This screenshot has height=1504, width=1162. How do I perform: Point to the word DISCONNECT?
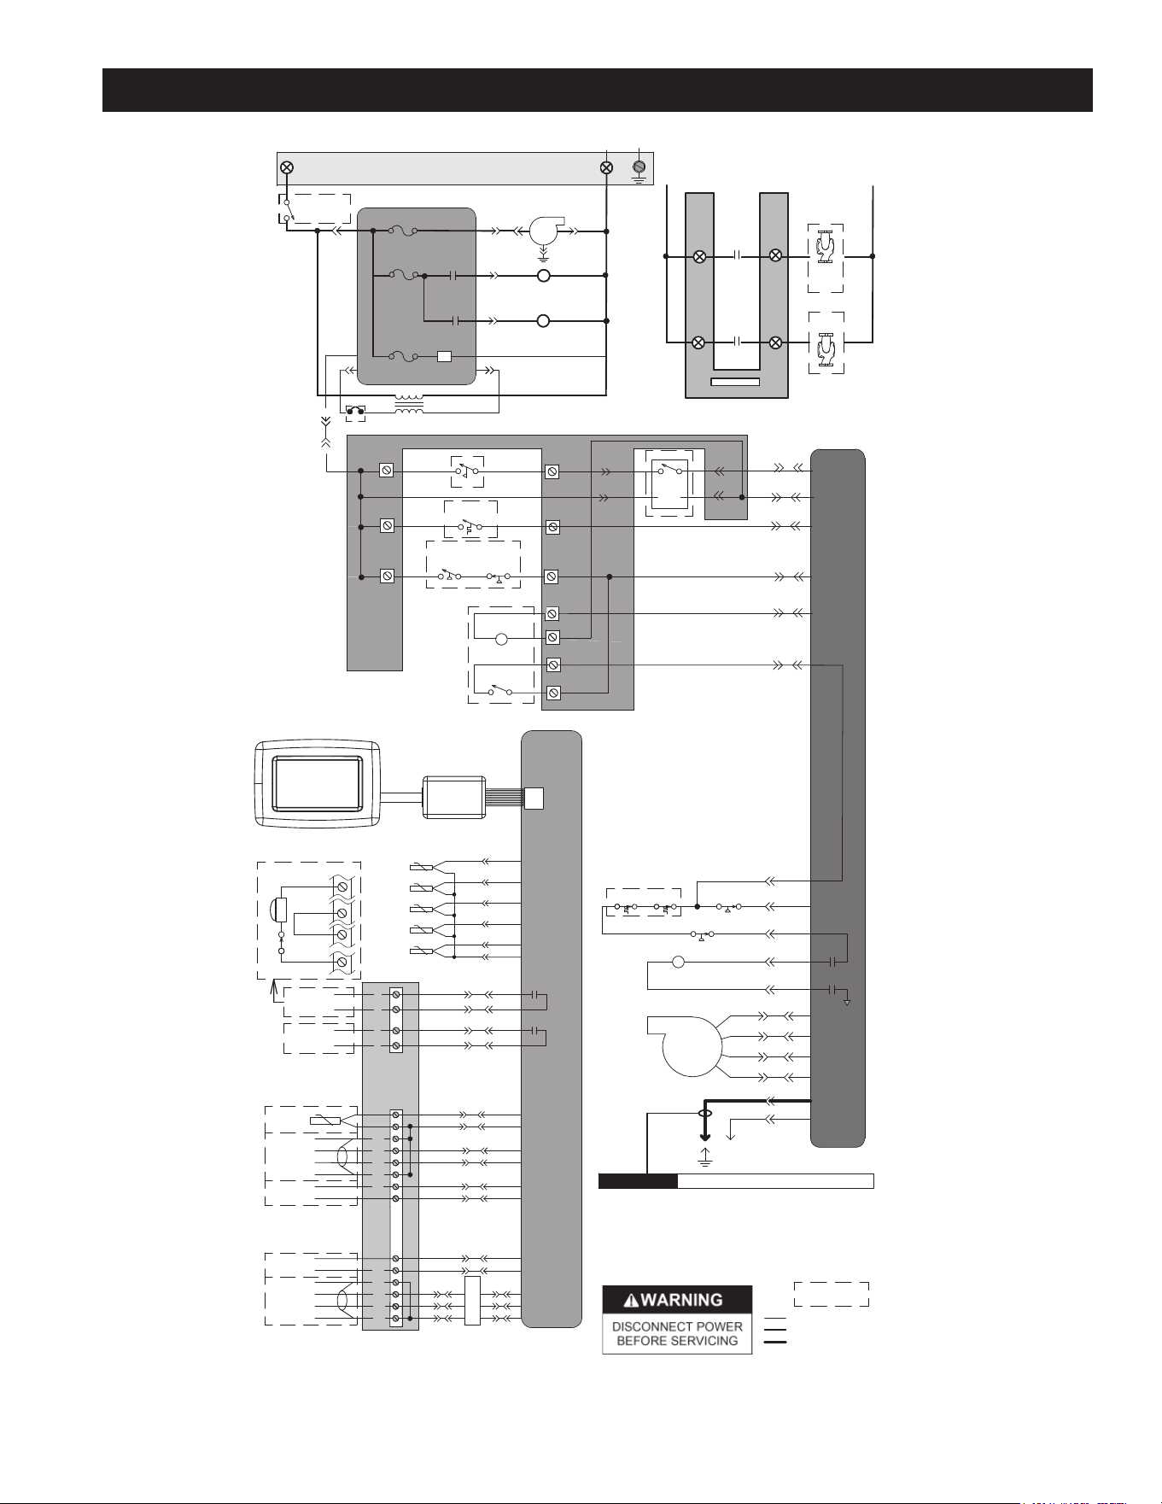(646, 1327)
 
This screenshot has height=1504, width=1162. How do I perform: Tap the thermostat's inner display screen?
(317, 784)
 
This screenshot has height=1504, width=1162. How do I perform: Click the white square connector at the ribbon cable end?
(534, 798)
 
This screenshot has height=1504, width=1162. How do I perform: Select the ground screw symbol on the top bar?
(639, 167)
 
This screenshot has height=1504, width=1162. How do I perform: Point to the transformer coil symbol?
(408, 404)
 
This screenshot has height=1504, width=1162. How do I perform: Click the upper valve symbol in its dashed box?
(826, 248)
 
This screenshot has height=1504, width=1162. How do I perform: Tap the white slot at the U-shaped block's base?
(735, 382)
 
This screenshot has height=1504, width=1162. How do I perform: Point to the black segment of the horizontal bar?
(638, 1181)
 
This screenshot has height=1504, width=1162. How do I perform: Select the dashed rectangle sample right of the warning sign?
(832, 1294)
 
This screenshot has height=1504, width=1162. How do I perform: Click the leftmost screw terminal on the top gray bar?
(287, 167)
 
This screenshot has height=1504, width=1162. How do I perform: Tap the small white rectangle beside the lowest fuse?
(444, 356)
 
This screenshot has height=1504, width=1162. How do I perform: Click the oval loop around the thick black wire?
(704, 1114)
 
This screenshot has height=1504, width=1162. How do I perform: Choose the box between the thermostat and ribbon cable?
(454, 798)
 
